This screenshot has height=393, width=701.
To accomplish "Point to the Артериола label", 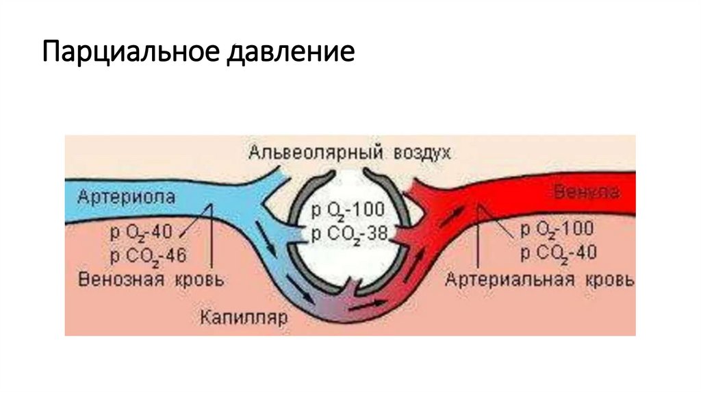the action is coord(127,196).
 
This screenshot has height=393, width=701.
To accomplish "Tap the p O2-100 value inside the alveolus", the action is coord(348,210).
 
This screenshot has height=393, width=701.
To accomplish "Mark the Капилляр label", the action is coord(235,317).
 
